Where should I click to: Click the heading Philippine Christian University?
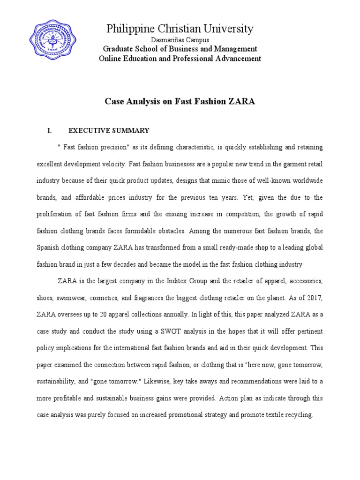point(180,29)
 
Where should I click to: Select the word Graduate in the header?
point(117,49)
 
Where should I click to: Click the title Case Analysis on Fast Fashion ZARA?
point(180,101)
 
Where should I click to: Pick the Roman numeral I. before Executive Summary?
point(50,131)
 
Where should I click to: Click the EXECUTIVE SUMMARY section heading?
point(109,131)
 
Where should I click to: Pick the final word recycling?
point(299,415)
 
